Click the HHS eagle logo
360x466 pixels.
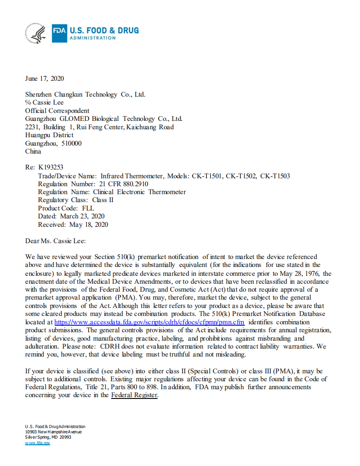37,34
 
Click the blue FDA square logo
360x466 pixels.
59,34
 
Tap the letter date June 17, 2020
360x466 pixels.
45,79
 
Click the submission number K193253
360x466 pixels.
51,168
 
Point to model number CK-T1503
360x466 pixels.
275,176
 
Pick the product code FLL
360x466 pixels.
88,208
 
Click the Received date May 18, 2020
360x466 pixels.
89,224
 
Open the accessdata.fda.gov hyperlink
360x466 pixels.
149,322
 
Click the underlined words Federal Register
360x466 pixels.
134,395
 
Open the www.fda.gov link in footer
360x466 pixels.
37,443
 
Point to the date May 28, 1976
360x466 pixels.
300,274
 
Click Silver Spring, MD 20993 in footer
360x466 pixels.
48,437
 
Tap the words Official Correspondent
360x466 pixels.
57,111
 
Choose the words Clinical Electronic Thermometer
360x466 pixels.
139,192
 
